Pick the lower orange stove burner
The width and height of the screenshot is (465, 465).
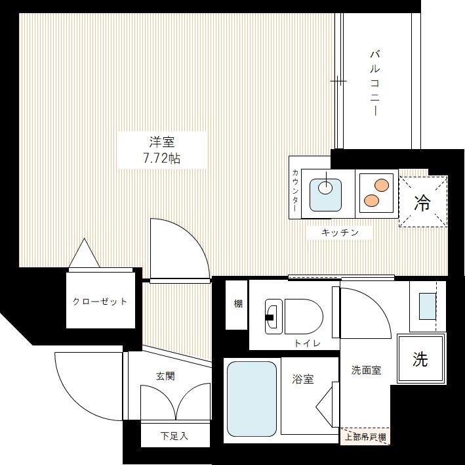(x=371, y=200)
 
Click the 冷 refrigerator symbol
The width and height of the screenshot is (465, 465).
(x=422, y=202)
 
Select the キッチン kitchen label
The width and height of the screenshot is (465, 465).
(x=339, y=232)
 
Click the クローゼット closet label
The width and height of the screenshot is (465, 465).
(x=100, y=301)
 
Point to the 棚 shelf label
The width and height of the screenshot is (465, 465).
(x=237, y=304)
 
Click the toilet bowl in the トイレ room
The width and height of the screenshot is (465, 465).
(x=302, y=315)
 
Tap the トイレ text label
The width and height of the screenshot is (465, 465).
(x=307, y=343)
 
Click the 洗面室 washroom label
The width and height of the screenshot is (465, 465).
(x=366, y=370)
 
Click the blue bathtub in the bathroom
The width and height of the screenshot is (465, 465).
(x=251, y=398)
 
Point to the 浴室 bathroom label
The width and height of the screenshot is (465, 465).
(x=302, y=379)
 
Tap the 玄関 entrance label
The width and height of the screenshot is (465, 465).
(x=165, y=376)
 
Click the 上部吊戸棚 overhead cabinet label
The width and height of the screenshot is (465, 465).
(x=365, y=437)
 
